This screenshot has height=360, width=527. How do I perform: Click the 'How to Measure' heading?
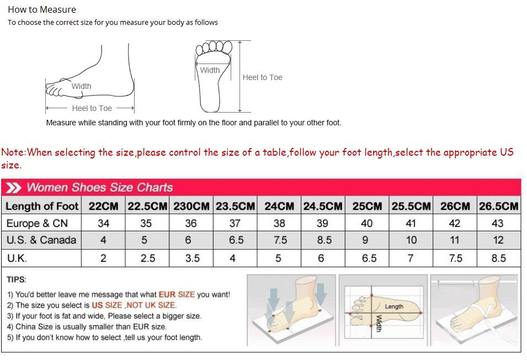(42, 9)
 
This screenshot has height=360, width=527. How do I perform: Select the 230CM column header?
(191, 206)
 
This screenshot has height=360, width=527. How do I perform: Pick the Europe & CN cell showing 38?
(279, 223)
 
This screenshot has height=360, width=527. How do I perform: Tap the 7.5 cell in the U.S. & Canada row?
(280, 240)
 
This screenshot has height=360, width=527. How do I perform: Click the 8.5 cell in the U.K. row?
(498, 258)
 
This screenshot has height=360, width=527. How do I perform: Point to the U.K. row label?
(17, 258)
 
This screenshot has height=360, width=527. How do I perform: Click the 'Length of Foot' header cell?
(42, 206)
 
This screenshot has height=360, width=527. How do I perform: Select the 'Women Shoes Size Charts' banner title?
(99, 187)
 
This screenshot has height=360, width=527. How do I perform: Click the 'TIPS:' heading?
(17, 279)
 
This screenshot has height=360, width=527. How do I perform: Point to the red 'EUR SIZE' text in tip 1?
(177, 295)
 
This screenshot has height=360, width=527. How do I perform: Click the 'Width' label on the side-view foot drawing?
(81, 86)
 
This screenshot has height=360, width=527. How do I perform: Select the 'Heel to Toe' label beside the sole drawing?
(262, 77)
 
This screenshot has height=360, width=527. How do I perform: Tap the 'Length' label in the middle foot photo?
(394, 306)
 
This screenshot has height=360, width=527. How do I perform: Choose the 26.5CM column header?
(498, 206)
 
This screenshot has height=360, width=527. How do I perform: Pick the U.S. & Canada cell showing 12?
(498, 240)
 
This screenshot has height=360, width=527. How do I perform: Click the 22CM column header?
(103, 206)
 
